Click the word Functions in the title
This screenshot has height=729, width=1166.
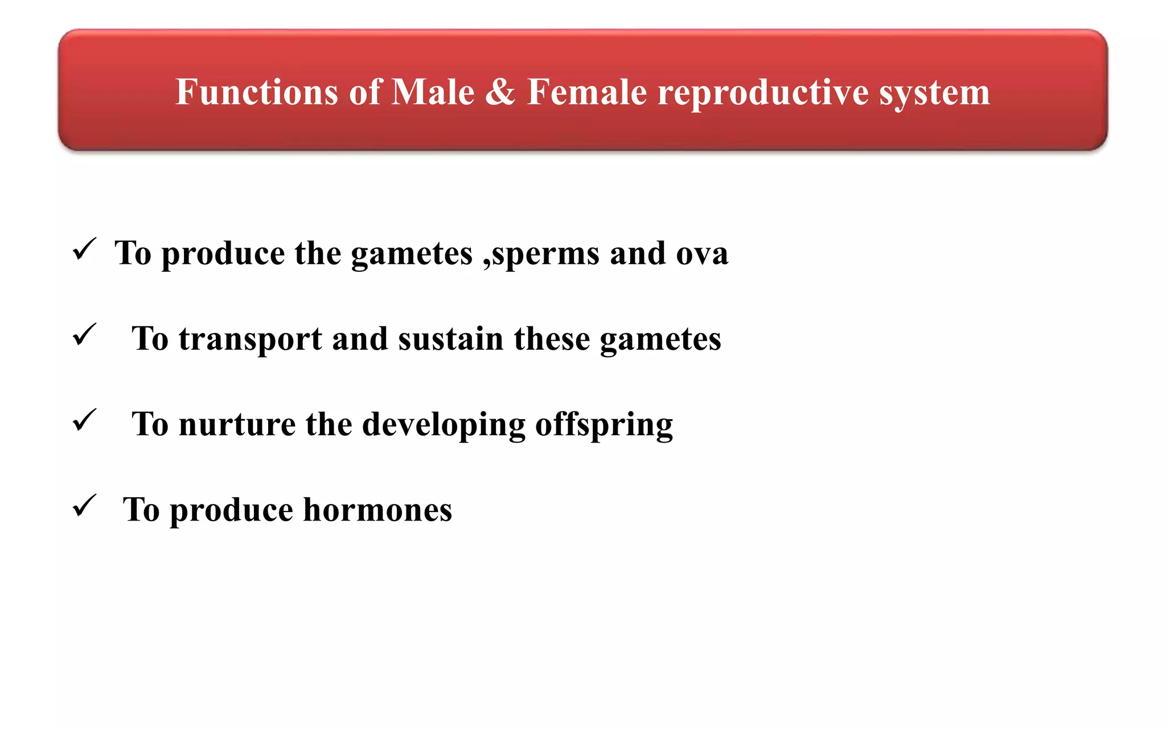click(257, 92)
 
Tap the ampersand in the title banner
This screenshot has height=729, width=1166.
click(500, 92)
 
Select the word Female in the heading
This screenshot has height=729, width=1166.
click(587, 92)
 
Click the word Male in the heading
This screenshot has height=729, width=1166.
click(433, 92)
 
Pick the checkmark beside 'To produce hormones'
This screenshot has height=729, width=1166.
click(84, 506)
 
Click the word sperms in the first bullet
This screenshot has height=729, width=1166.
click(545, 254)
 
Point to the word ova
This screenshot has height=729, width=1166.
click(702, 253)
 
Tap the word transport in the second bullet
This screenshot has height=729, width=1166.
click(250, 340)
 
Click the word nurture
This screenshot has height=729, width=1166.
click(237, 425)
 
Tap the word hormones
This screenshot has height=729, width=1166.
click(377, 510)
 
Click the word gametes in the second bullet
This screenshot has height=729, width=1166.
click(660, 340)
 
